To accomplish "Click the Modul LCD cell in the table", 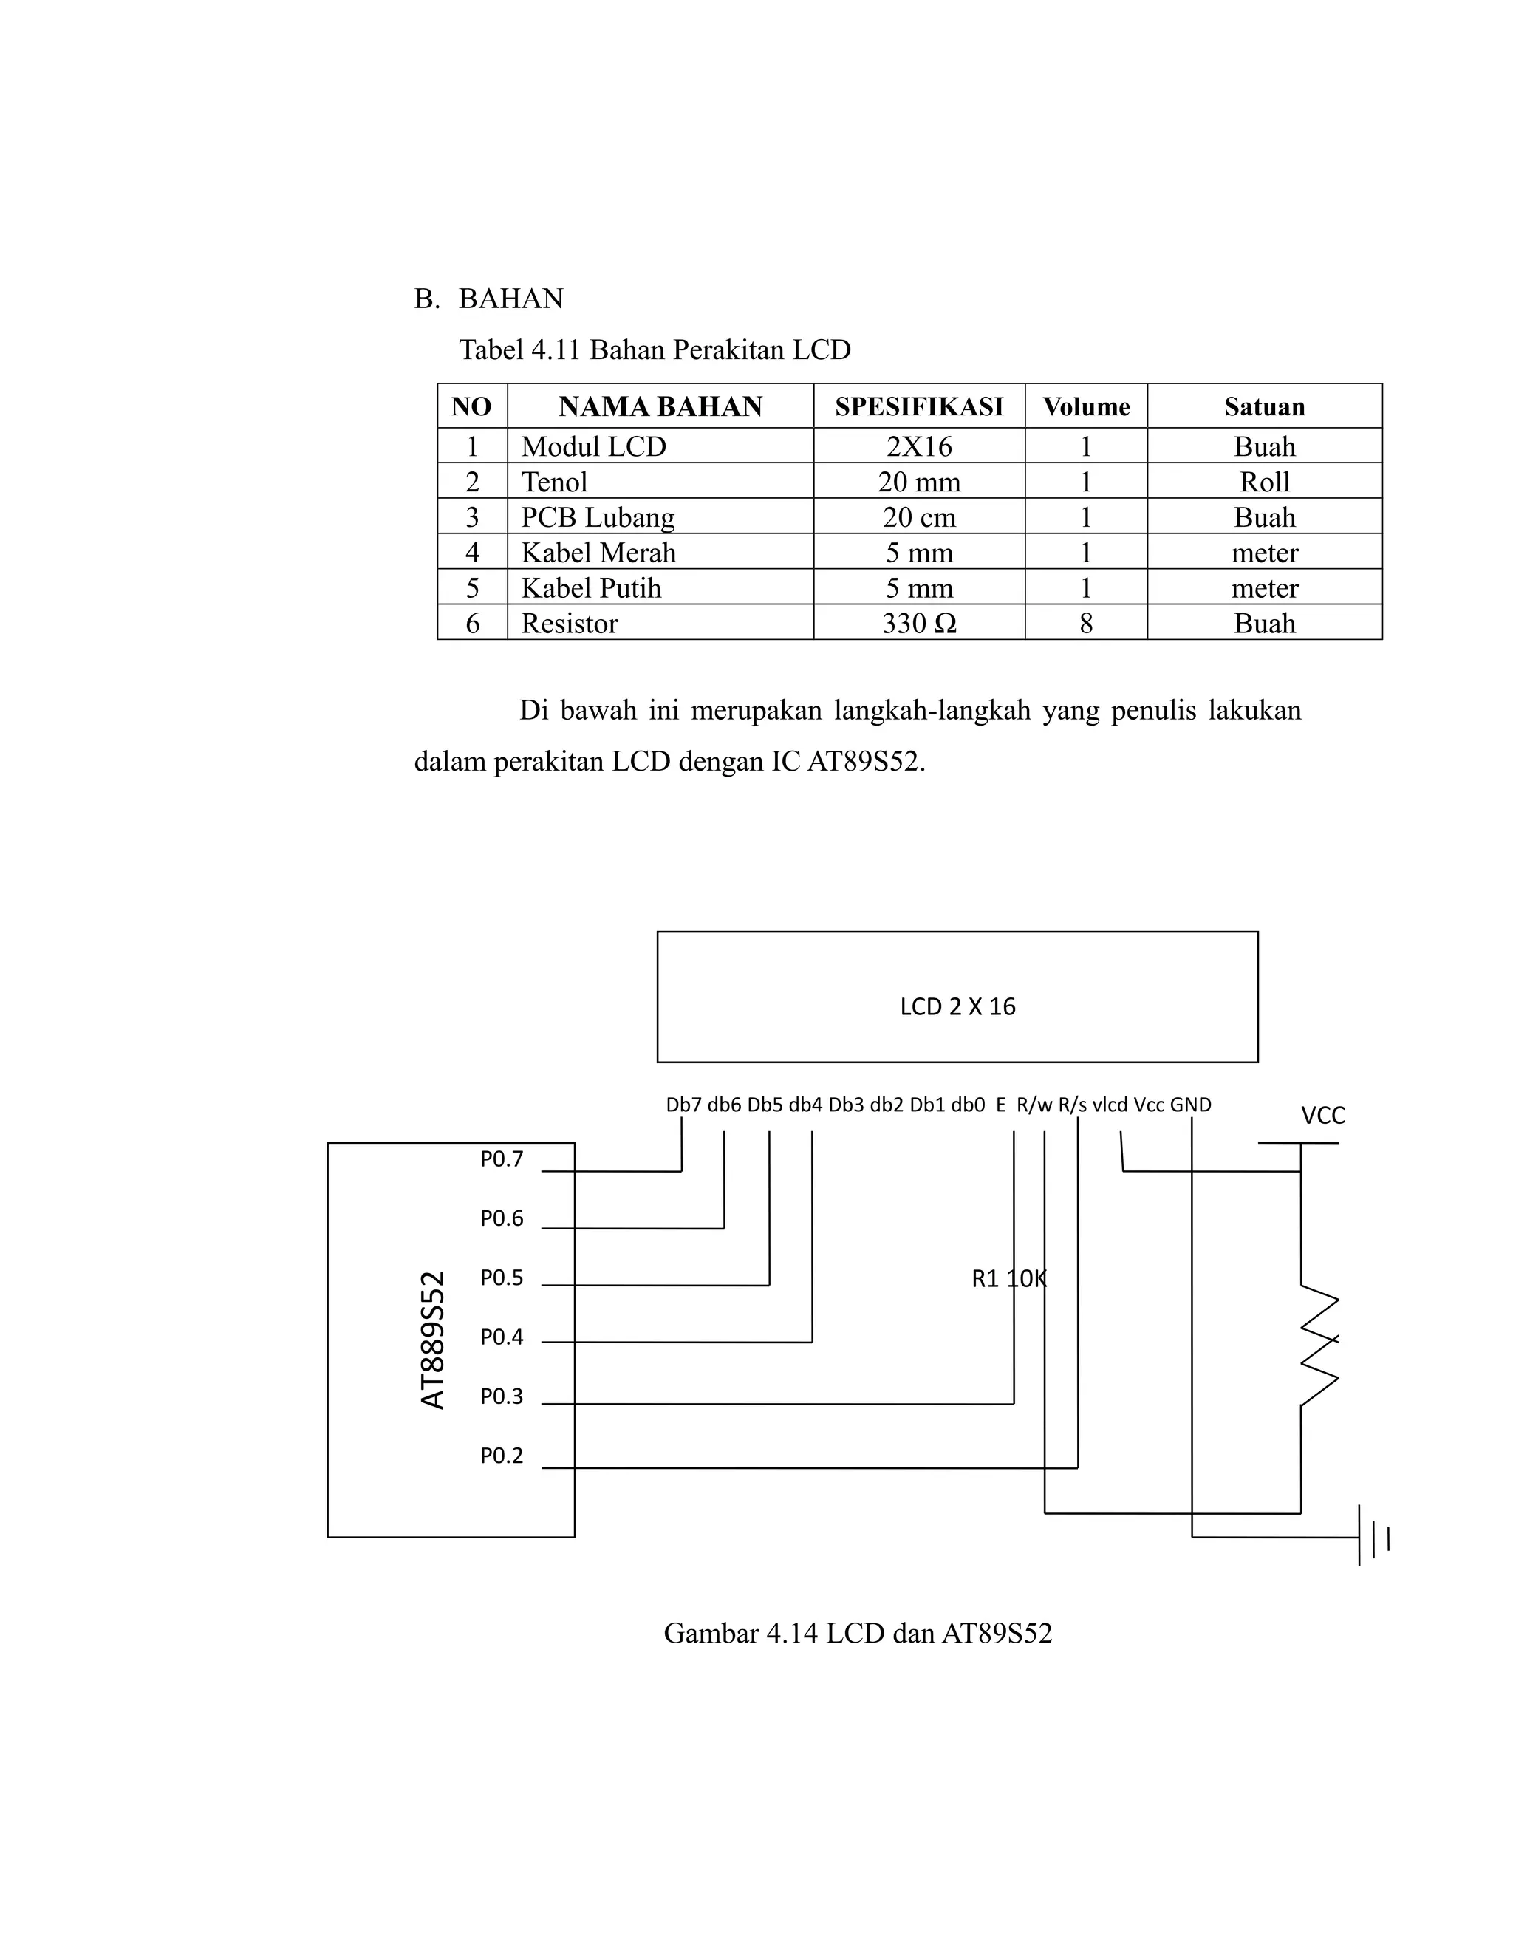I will click(x=593, y=446).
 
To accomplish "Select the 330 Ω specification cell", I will click(x=919, y=623).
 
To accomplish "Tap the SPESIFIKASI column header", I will click(x=919, y=406).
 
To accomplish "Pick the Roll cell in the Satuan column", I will click(x=1264, y=482).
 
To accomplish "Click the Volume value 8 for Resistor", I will click(x=1085, y=623).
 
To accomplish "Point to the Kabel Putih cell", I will click(x=591, y=588).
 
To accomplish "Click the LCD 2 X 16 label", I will click(x=957, y=1007).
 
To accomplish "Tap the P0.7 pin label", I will click(x=501, y=1159).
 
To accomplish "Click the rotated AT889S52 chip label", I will click(x=433, y=1340).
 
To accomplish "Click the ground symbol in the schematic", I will click(x=1373, y=1538).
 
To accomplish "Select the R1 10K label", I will click(x=1008, y=1279).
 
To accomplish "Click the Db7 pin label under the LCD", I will click(x=684, y=1105).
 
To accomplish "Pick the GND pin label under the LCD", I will click(x=1190, y=1105).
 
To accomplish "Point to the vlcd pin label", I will click(x=1110, y=1105).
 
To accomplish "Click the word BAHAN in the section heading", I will click(x=511, y=299).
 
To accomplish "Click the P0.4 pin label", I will click(x=501, y=1337).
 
